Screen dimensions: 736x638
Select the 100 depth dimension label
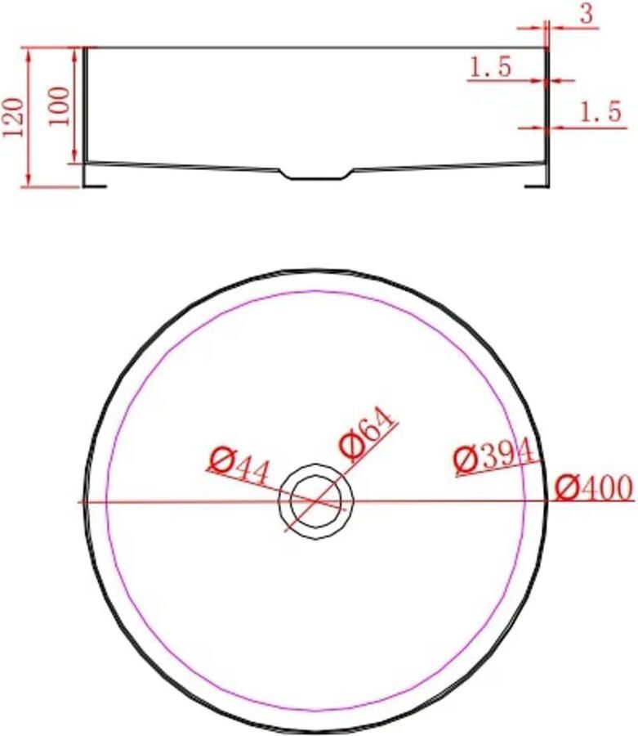click(x=60, y=105)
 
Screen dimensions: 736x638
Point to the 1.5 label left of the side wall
click(x=490, y=66)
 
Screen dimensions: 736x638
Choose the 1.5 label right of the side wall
click(x=600, y=113)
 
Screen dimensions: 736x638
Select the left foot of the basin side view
click(x=95, y=182)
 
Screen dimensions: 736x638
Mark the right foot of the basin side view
click(x=538, y=182)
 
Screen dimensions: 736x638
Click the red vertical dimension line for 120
click(x=29, y=117)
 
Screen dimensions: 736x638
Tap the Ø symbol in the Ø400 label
click(x=566, y=489)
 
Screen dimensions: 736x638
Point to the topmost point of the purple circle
click(x=315, y=291)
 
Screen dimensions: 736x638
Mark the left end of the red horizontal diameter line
click(x=79, y=501)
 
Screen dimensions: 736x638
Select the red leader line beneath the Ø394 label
click(x=498, y=469)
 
